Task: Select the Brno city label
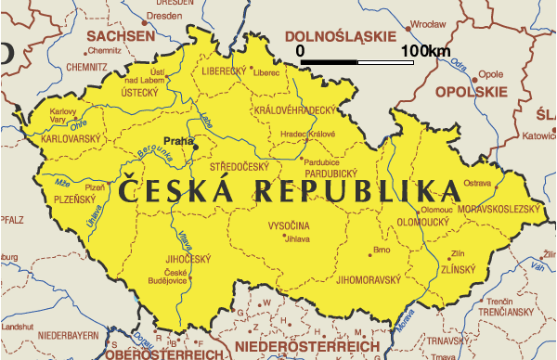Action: coord(381,250)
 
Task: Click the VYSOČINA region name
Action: coord(289,225)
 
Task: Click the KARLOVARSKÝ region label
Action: coord(71,139)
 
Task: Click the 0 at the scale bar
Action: coord(300,49)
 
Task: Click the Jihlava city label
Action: coord(297,238)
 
